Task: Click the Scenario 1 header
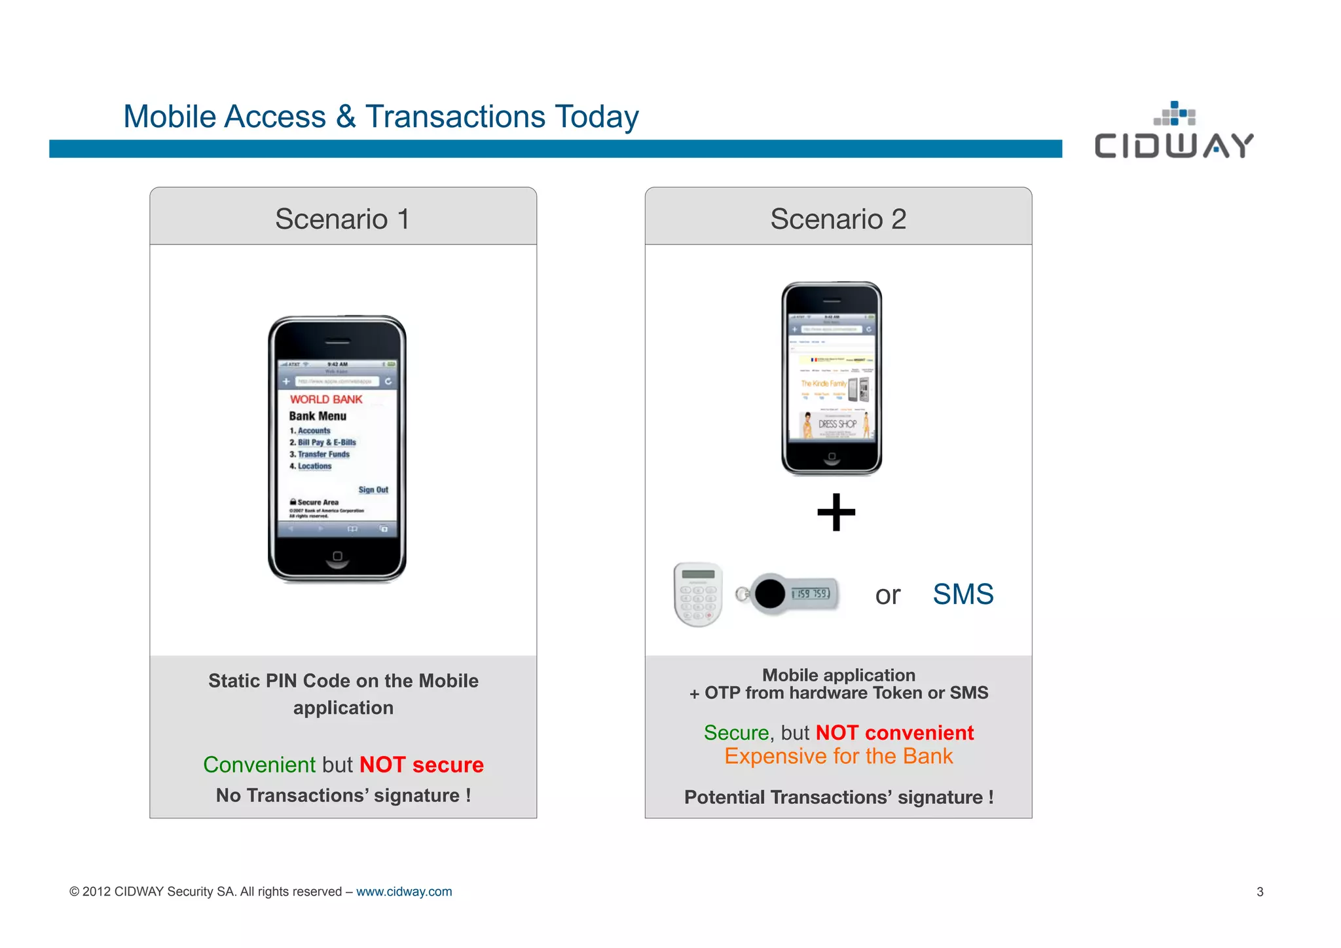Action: pos(342,219)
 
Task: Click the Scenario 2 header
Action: pos(838,219)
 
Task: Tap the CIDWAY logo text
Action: pos(1173,145)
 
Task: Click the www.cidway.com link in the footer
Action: pos(403,892)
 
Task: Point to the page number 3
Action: pos(1260,892)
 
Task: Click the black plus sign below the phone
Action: pos(836,512)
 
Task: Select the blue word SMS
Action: pos(963,594)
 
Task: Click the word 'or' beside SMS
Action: pos(887,596)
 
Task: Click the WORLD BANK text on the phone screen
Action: pos(326,399)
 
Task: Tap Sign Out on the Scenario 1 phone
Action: pos(373,489)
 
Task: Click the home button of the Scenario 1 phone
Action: pos(337,556)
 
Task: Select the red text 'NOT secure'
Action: pos(421,765)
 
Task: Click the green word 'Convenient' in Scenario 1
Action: pos(259,765)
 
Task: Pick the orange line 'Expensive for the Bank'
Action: pos(838,756)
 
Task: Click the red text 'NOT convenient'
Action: pos(894,732)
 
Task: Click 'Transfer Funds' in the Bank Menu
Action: pos(323,454)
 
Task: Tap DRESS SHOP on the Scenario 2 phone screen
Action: pos(837,424)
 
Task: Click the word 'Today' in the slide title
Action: pos(596,117)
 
